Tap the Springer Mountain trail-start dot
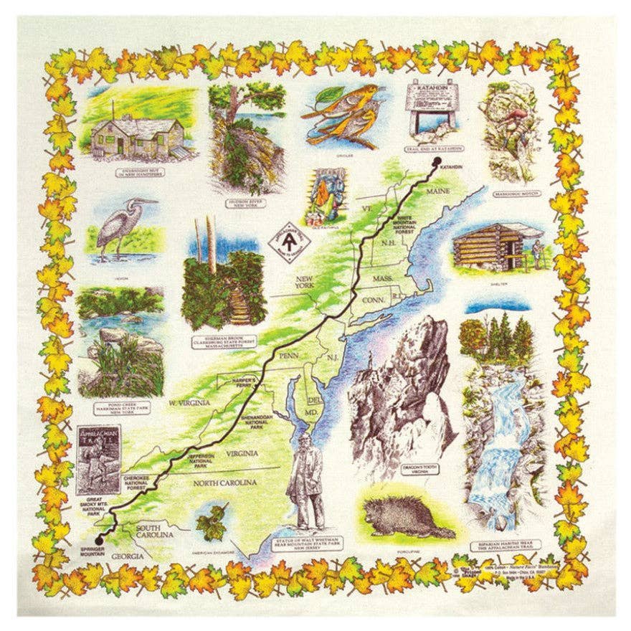(100, 537)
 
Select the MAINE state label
(437, 192)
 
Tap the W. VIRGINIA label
(190, 403)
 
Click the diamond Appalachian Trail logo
(286, 239)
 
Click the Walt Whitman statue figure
(305, 481)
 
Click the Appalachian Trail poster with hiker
(98, 459)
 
